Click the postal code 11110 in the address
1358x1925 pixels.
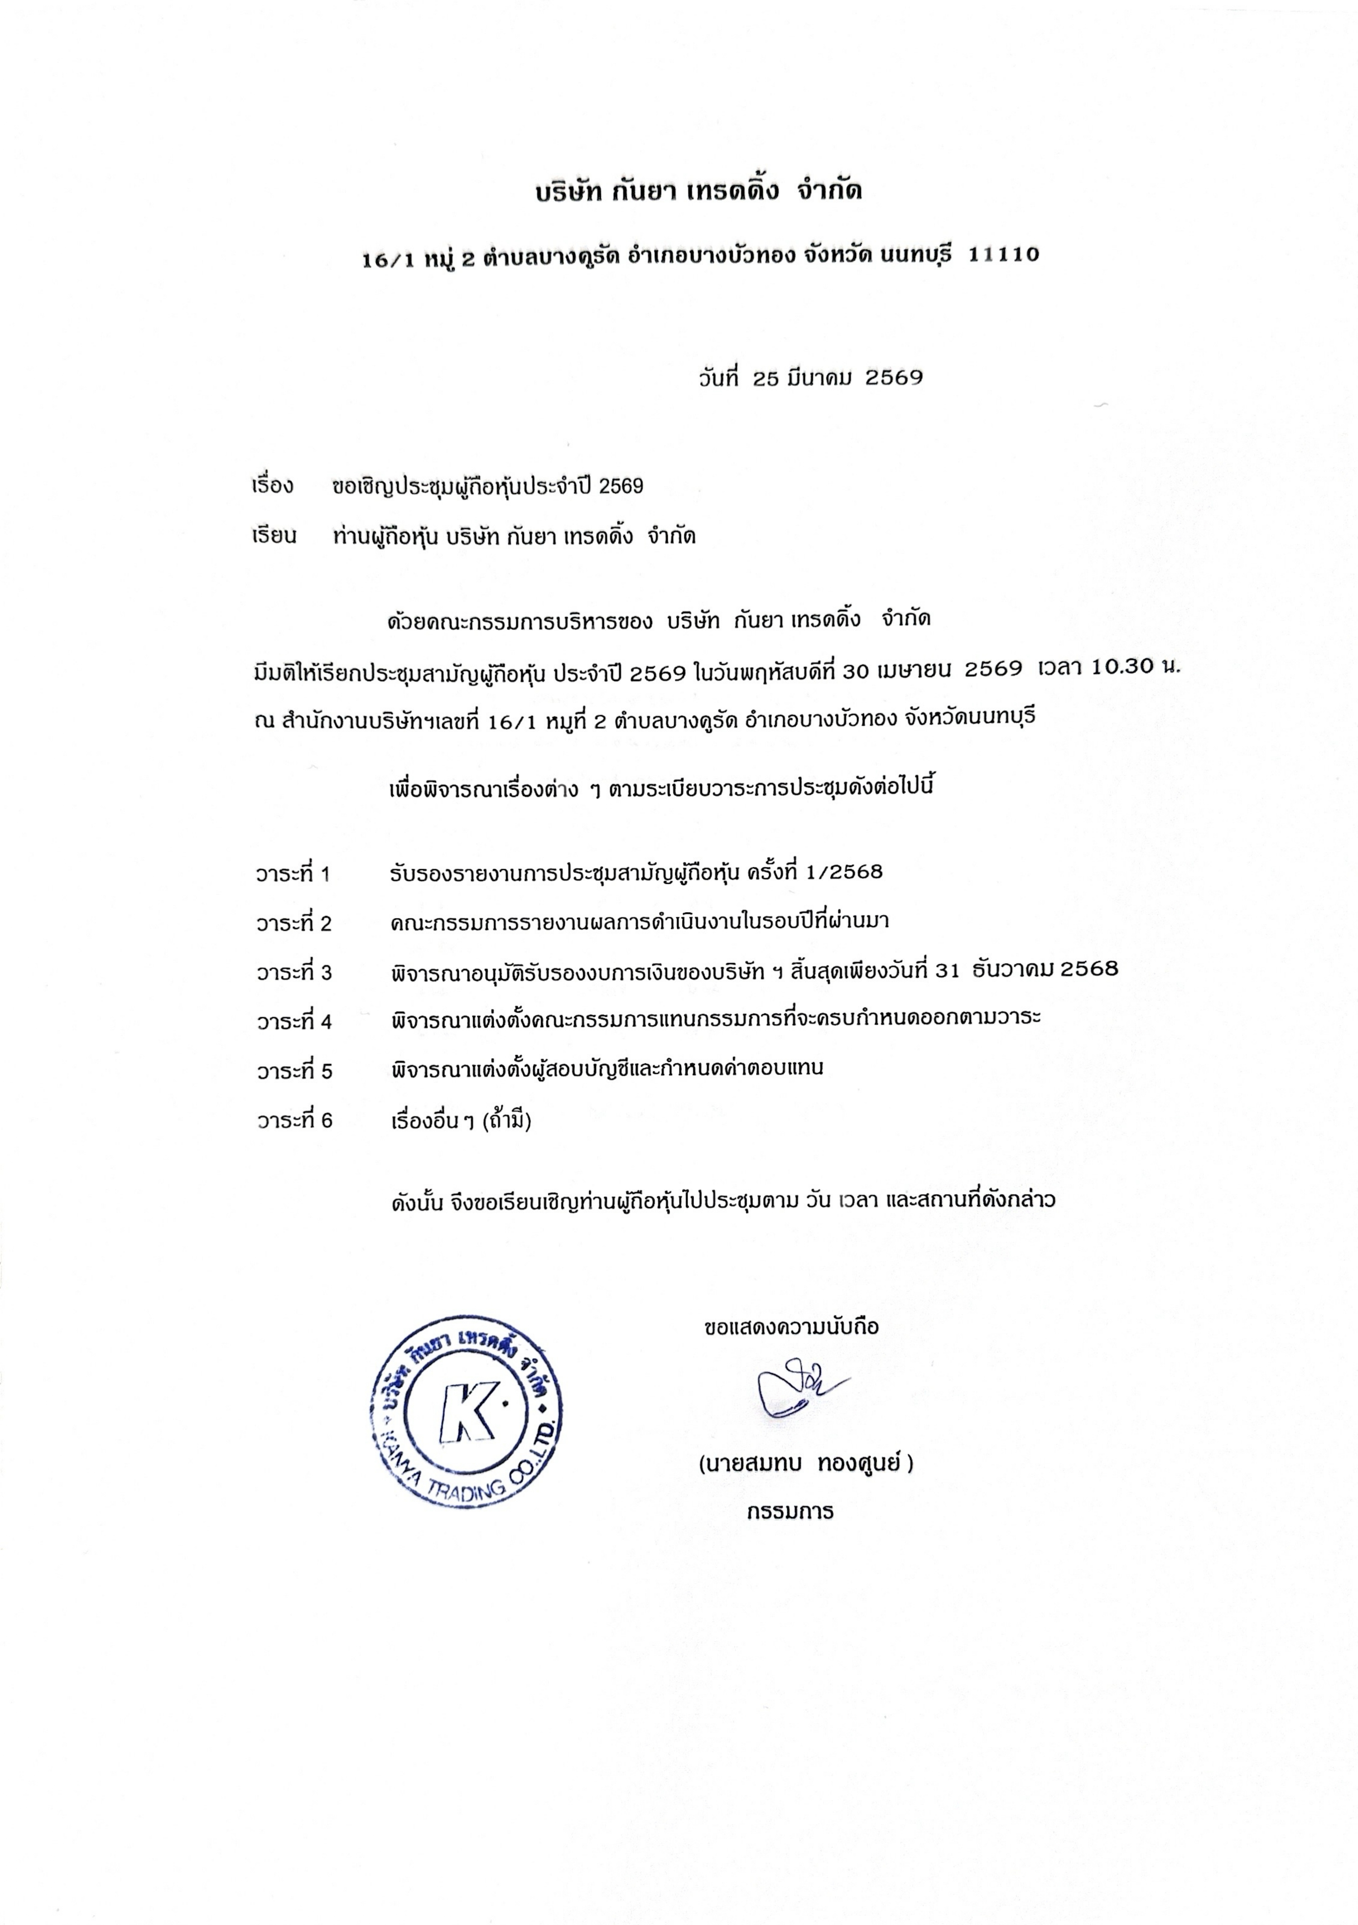pyautogui.click(x=1003, y=254)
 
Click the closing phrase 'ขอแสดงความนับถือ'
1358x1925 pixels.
pyautogui.click(x=792, y=1327)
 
